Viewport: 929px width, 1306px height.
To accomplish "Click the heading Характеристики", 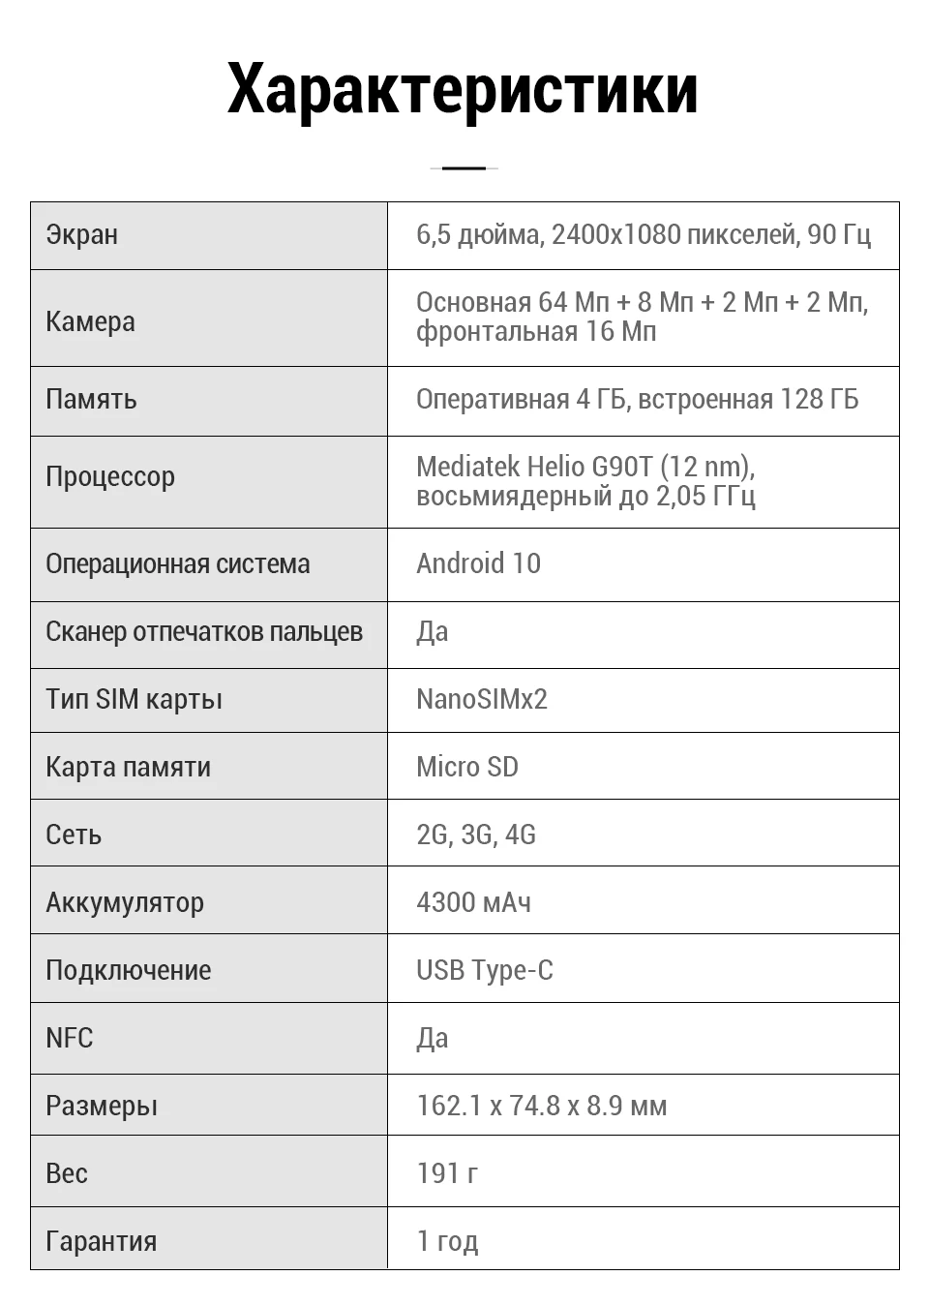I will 463,89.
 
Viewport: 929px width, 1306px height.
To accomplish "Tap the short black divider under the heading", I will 464,168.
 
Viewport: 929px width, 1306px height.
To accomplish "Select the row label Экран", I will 82,235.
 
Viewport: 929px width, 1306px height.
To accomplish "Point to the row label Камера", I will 90,321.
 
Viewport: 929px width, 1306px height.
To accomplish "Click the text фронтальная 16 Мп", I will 536,332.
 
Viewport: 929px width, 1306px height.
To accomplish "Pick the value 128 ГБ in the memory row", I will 819,400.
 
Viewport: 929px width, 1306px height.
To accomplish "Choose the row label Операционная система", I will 178,564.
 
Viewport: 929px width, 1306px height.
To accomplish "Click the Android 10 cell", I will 479,564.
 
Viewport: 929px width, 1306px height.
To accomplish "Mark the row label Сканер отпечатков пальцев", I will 204,632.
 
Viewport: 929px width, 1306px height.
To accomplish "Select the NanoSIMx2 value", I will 482,699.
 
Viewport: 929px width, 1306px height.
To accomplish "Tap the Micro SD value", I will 467,767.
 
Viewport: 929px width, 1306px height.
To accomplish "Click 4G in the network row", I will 521,835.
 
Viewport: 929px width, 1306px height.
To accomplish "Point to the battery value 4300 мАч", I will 473,902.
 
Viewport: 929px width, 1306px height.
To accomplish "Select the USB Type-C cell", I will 485,970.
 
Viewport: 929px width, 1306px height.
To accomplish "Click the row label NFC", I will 70,1038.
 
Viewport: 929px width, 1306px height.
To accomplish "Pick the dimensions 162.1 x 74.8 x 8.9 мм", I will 542,1106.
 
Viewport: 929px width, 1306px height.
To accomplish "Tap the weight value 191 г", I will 447,1173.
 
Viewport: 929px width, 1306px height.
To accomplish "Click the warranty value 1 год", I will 447,1241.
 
